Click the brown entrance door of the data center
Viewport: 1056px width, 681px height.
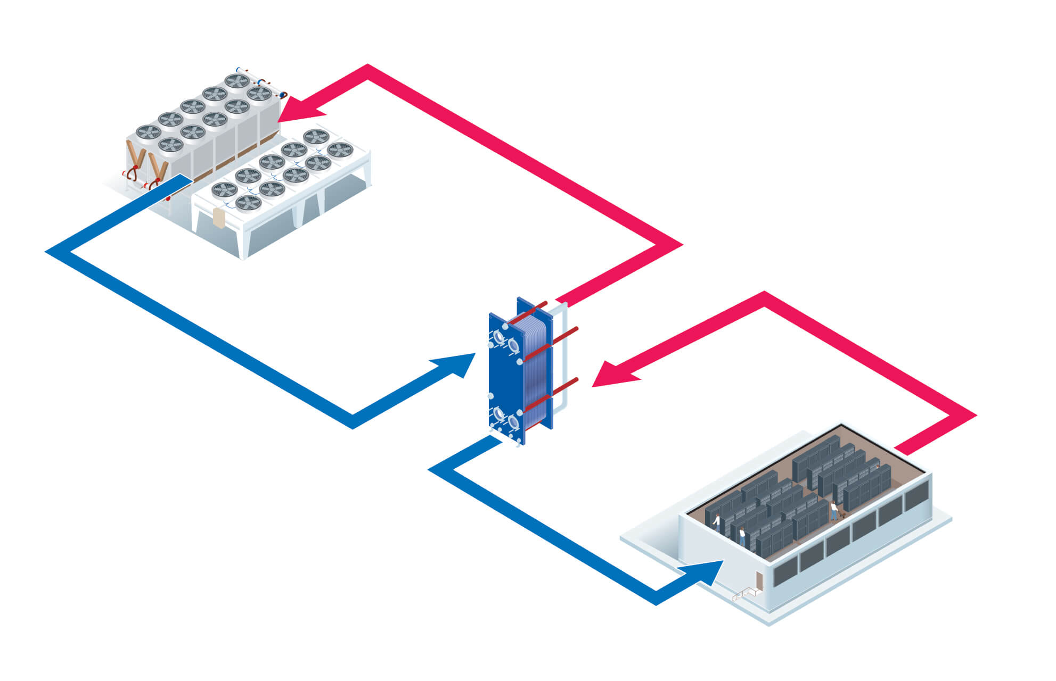[758, 580]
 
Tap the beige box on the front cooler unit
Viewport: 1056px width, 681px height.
[218, 218]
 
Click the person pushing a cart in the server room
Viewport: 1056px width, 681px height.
[834, 510]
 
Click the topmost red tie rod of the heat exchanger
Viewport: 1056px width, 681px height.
[533, 311]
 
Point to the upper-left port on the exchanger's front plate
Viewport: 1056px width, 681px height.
[499, 336]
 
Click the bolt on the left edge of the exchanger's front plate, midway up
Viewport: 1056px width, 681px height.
[491, 396]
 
